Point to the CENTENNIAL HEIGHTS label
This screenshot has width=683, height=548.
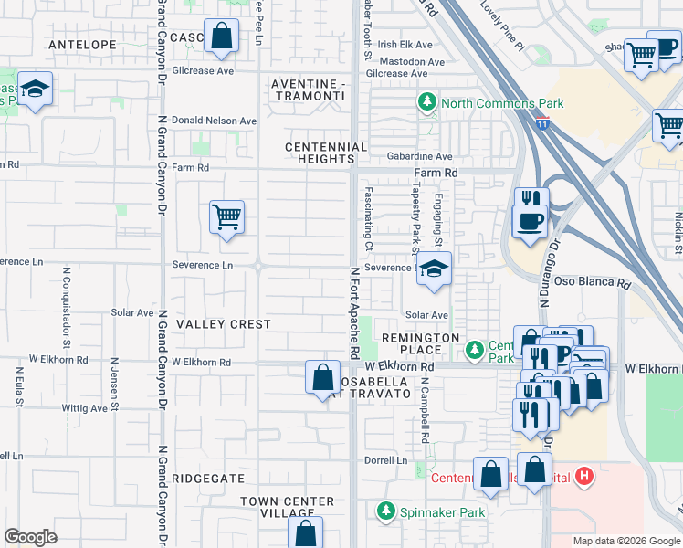326,153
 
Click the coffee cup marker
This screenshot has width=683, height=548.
529,220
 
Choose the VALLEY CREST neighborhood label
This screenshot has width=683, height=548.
224,324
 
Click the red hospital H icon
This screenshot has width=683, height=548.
585,477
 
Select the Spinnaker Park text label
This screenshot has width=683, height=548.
444,512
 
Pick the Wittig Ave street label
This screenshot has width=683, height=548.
86,408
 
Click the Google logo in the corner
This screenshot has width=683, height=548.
30,536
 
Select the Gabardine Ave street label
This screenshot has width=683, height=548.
418,157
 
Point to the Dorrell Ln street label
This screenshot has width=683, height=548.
385,460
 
